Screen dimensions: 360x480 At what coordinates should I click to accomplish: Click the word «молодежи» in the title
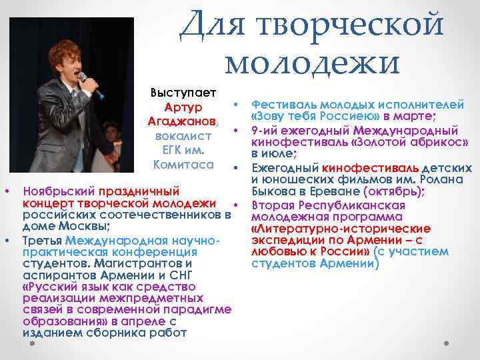312,61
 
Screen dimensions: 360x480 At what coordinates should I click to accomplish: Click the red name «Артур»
183,107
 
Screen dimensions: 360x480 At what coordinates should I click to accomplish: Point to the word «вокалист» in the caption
183,135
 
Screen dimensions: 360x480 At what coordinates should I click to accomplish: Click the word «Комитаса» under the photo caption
183,164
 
